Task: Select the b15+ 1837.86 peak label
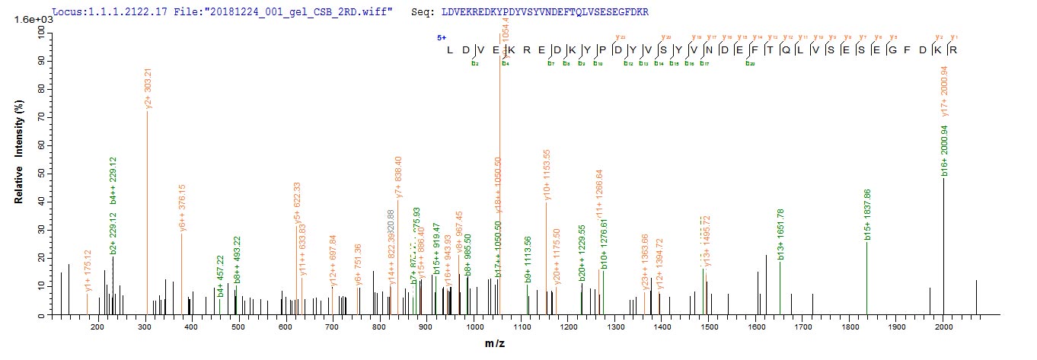coord(868,215)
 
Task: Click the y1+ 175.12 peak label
coord(89,271)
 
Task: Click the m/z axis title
coord(497,344)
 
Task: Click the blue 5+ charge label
coord(442,37)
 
